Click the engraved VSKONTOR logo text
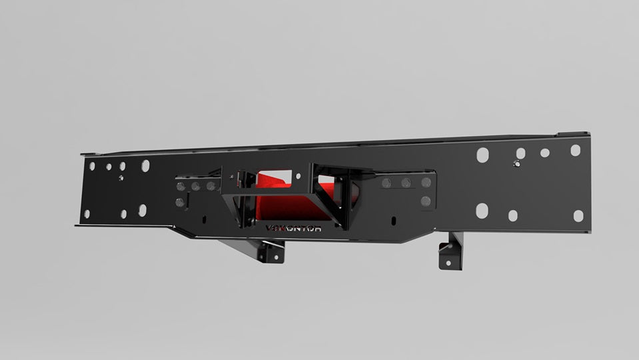[293, 228]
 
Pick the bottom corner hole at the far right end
[578, 215]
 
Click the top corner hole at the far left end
[92, 166]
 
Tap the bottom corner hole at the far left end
[87, 215]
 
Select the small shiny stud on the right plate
[518, 163]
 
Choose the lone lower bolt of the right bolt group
[426, 201]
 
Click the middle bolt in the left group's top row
[195, 187]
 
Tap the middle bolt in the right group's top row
[405, 183]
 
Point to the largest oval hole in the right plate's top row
[482, 155]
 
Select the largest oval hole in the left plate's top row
[145, 166]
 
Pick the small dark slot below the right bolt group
[394, 220]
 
